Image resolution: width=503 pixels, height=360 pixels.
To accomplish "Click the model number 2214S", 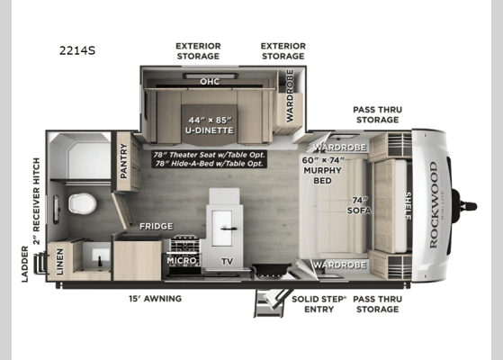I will pyautogui.click(x=79, y=51).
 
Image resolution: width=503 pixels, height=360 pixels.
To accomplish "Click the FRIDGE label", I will pyautogui.click(x=156, y=226).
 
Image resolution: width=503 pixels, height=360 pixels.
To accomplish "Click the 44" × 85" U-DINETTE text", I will pyautogui.click(x=209, y=125).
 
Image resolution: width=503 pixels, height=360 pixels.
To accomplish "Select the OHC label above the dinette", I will pyautogui.click(x=209, y=80).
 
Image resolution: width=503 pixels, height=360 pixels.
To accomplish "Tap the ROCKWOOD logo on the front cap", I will pyautogui.click(x=433, y=191).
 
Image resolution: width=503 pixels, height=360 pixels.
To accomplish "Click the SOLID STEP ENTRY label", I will pyautogui.click(x=312, y=303).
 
